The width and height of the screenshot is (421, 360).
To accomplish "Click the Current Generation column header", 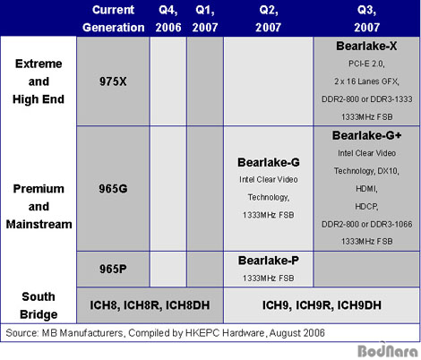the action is pyautogui.click(x=114, y=19).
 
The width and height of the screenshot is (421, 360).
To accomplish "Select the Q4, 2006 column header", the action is pyautogui.click(x=168, y=19).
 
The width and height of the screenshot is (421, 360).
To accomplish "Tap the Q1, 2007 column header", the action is pyautogui.click(x=205, y=19).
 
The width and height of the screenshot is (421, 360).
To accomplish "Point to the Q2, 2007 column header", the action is pyautogui.click(x=268, y=19).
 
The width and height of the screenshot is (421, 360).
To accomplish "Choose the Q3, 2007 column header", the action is pyautogui.click(x=366, y=19).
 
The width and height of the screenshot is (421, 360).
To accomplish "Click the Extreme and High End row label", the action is pyautogui.click(x=39, y=81).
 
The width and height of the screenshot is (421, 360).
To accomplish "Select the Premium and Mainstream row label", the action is pyautogui.click(x=39, y=207).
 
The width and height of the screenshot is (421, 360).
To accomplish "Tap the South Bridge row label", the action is pyautogui.click(x=39, y=305).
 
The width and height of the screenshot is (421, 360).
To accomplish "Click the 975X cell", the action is pyautogui.click(x=113, y=81).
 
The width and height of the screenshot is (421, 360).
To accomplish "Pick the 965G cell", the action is pyautogui.click(x=113, y=189).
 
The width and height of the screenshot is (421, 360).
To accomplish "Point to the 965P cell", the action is pyautogui.click(x=113, y=269).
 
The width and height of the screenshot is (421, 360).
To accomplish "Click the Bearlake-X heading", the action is pyautogui.click(x=366, y=46).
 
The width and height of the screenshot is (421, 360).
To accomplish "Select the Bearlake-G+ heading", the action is pyautogui.click(x=366, y=135).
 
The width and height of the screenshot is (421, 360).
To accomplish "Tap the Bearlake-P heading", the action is pyautogui.click(x=268, y=261).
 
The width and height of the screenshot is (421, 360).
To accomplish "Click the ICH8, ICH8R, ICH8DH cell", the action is pyautogui.click(x=150, y=305).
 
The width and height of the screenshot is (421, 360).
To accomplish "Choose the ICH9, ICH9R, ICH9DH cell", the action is pyautogui.click(x=322, y=305).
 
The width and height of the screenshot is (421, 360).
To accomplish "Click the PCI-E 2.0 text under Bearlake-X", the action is pyautogui.click(x=366, y=64).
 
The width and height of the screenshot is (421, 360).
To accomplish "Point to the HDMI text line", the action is pyautogui.click(x=366, y=189).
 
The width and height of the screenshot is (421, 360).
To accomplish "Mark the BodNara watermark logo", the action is pyautogui.click(x=388, y=350).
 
